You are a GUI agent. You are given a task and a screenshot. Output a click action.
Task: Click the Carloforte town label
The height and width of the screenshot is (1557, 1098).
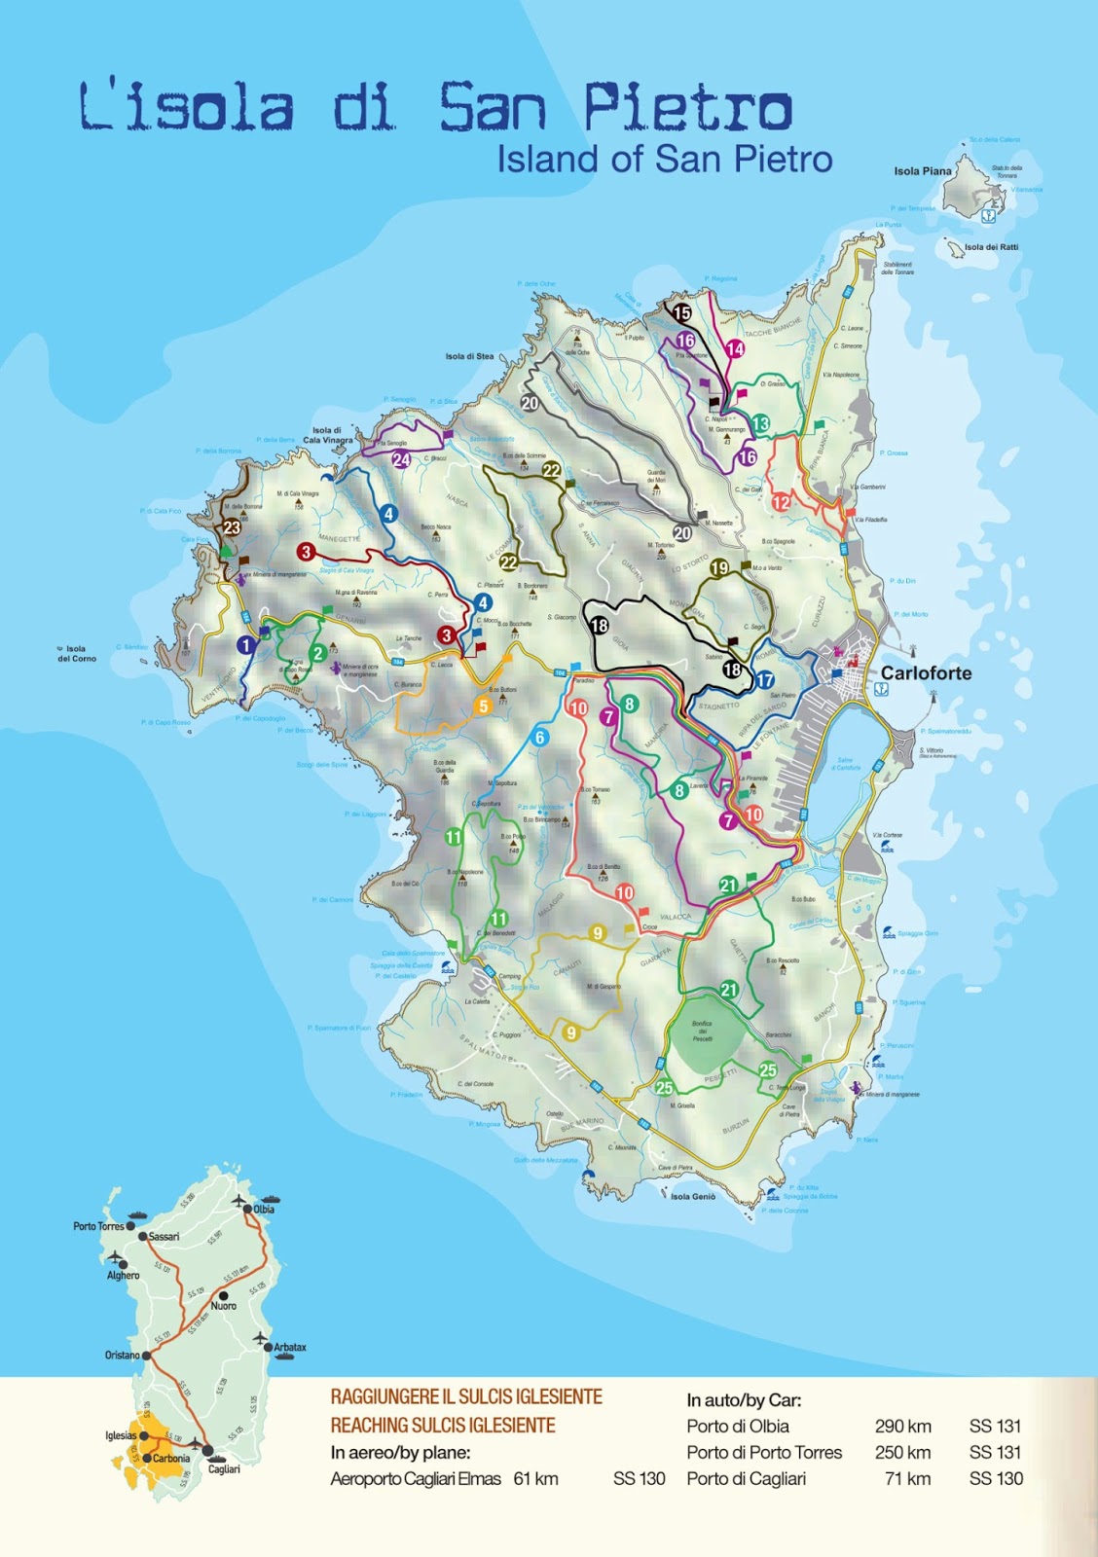click(926, 673)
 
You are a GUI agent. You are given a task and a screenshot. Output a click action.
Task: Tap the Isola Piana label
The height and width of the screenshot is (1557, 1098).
click(922, 171)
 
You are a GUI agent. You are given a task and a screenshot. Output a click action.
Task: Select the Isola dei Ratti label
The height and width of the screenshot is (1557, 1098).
click(991, 247)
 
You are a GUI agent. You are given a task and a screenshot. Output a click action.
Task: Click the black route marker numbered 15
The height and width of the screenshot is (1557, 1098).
click(681, 313)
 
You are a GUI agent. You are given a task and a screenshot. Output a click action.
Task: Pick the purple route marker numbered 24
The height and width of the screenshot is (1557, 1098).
click(401, 459)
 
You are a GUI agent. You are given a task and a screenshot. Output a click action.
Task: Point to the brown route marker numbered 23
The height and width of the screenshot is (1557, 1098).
click(232, 528)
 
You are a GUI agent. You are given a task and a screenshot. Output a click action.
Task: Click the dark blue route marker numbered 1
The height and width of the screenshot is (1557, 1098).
click(246, 644)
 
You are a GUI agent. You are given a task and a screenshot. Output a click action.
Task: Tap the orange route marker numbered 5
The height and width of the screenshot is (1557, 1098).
click(483, 706)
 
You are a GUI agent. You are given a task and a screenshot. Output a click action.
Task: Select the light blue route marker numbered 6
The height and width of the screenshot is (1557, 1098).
click(539, 738)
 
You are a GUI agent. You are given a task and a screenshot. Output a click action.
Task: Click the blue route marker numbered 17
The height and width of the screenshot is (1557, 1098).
click(765, 680)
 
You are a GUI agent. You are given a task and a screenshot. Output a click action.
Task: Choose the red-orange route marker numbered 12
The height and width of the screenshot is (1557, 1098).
click(781, 502)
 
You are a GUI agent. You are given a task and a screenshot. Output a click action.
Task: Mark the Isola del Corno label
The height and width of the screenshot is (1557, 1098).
click(77, 654)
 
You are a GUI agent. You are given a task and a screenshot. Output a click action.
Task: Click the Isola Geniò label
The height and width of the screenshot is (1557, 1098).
click(692, 1197)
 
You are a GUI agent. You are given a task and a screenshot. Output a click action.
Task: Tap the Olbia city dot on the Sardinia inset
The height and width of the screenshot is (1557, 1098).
click(249, 1209)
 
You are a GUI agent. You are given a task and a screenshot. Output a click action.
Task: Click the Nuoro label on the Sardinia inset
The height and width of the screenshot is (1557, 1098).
click(224, 1306)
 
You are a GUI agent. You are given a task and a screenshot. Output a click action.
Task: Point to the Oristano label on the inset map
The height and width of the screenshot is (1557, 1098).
click(122, 1355)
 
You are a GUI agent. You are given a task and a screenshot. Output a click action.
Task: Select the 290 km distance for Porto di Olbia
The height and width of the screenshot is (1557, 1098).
click(902, 1427)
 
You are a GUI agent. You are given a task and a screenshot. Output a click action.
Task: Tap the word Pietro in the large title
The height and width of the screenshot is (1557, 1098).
click(687, 107)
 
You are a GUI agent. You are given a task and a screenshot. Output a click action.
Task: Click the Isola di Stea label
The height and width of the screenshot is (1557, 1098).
click(469, 356)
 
